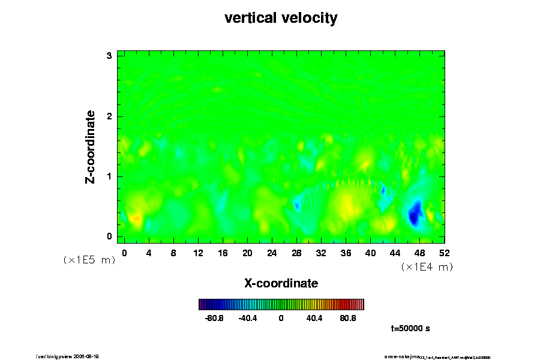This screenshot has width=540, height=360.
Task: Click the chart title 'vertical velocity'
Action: pos(281,18)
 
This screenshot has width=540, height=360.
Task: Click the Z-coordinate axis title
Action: pos(91,146)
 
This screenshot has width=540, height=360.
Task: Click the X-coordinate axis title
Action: pos(281,283)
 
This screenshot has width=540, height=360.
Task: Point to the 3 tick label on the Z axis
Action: pos(109,56)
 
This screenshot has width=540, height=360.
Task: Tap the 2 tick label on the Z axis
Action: pos(109,116)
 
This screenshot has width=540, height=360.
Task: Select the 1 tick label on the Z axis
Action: pos(109,176)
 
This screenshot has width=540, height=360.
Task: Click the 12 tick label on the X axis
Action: pos(198,253)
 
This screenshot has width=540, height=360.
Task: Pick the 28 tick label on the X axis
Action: pos(296,253)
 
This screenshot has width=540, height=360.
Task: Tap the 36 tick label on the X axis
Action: pos(346,253)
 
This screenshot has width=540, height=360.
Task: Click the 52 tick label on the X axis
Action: pos(444,253)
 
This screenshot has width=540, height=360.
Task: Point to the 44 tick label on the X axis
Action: pos(395,253)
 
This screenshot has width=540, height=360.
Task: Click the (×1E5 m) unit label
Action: pos(89,260)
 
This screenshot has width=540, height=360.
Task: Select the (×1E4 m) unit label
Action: pos(427,267)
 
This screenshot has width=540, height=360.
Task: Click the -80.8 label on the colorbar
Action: pos(214,318)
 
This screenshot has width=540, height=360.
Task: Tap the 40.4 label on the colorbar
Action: pos(314,318)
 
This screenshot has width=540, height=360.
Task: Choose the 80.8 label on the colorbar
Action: pos(348,318)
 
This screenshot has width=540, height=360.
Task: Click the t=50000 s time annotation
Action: pos(410,328)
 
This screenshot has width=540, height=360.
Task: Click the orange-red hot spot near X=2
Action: pos(136,219)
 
